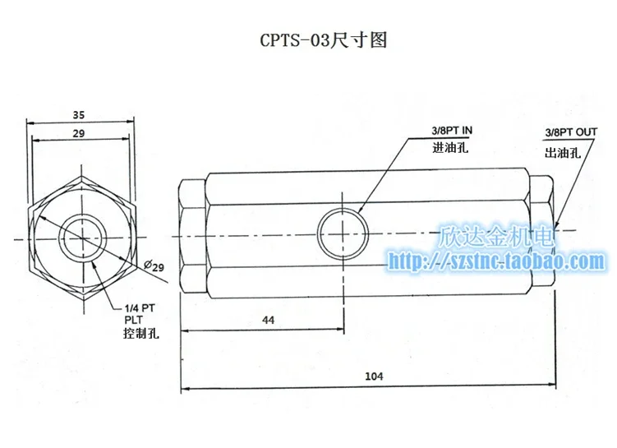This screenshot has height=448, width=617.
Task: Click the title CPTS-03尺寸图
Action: click(x=324, y=40)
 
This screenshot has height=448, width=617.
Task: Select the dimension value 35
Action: click(x=79, y=114)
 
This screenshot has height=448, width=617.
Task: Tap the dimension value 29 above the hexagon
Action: click(x=79, y=133)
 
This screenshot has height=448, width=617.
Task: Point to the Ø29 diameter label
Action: click(x=154, y=266)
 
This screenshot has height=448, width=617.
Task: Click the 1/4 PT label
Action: click(x=140, y=308)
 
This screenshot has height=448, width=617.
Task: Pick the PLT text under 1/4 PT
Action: click(x=133, y=320)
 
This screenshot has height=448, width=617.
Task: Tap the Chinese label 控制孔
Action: click(x=141, y=334)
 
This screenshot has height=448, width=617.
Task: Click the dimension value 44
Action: click(x=268, y=320)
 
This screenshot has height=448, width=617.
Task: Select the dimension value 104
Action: click(x=374, y=376)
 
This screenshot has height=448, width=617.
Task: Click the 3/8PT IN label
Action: click(x=452, y=131)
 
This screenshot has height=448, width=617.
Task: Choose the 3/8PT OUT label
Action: click(x=571, y=132)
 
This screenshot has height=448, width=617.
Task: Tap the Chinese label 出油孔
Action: click(x=563, y=153)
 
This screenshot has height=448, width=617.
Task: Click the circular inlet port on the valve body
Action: click(x=343, y=233)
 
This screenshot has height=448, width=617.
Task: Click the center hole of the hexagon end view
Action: click(x=83, y=238)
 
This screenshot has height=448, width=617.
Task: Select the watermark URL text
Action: click(x=496, y=261)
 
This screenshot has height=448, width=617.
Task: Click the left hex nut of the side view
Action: click(x=192, y=237)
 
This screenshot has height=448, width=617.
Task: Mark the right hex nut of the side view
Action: click(x=542, y=235)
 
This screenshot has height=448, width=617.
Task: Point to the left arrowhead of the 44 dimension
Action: click(x=184, y=330)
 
